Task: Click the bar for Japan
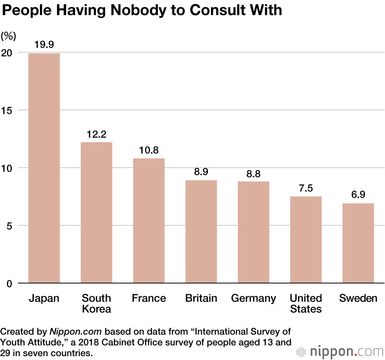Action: (44, 168)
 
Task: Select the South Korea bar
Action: (96, 212)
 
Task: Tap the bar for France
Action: (149, 220)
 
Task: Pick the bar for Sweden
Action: (358, 243)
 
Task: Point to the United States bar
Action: (306, 240)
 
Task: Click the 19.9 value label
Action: (44, 44)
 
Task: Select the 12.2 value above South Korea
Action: (96, 134)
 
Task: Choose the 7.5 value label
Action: (306, 188)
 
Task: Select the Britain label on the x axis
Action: (201, 298)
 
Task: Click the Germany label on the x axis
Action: (253, 298)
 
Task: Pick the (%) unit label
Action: (8, 36)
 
